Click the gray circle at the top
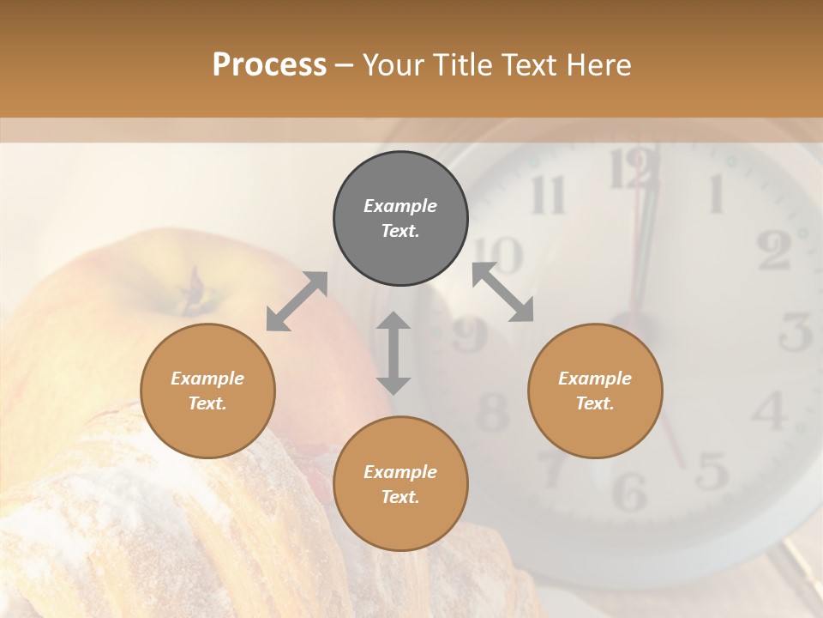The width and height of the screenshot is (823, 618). [x=400, y=219]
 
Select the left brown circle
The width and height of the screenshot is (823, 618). [x=207, y=391]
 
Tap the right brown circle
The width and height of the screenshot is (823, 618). [x=595, y=391]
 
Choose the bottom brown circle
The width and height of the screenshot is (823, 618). [x=400, y=484]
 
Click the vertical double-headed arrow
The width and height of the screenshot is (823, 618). [x=393, y=353]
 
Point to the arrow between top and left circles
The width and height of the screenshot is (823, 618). [x=297, y=301]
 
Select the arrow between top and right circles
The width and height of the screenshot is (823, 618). [x=503, y=292]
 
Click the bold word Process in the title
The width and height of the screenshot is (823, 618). [x=269, y=64]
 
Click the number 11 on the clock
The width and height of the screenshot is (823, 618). [x=548, y=196]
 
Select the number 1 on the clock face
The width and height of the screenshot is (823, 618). [x=714, y=194]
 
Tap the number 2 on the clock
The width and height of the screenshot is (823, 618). [x=773, y=250]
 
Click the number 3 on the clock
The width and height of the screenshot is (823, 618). [x=796, y=331]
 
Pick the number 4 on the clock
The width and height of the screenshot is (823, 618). [x=769, y=411]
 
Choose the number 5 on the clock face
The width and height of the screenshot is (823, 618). [x=711, y=470]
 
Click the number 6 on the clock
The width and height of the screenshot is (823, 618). [x=630, y=491]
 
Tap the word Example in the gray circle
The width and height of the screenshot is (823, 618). [x=400, y=206]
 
